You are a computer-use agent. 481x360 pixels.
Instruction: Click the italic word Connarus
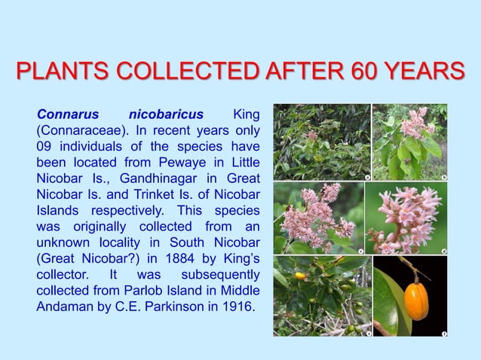pyautogui.click(x=68, y=115)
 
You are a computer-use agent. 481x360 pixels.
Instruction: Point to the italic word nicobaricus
pyautogui.click(x=166, y=115)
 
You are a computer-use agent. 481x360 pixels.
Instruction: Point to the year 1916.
pyautogui.click(x=236, y=307)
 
